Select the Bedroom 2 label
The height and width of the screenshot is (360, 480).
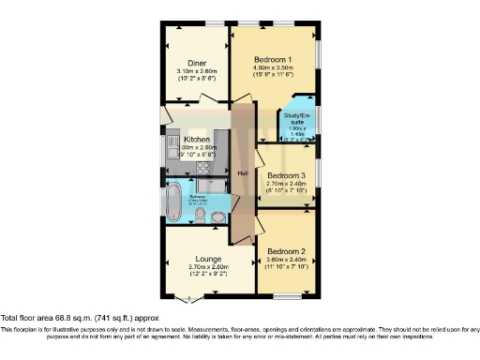tap(286, 252)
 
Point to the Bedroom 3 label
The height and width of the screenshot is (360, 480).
tap(286, 175)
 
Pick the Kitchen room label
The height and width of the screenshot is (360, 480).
tap(196, 139)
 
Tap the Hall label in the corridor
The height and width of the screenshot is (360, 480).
tap(242, 173)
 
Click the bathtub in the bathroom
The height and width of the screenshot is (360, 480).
tap(175, 200)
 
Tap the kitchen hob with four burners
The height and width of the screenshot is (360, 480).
tap(200, 168)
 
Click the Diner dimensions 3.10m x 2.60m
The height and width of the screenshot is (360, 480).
tap(197, 73)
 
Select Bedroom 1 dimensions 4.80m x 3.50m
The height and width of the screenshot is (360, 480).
tap(273, 68)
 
